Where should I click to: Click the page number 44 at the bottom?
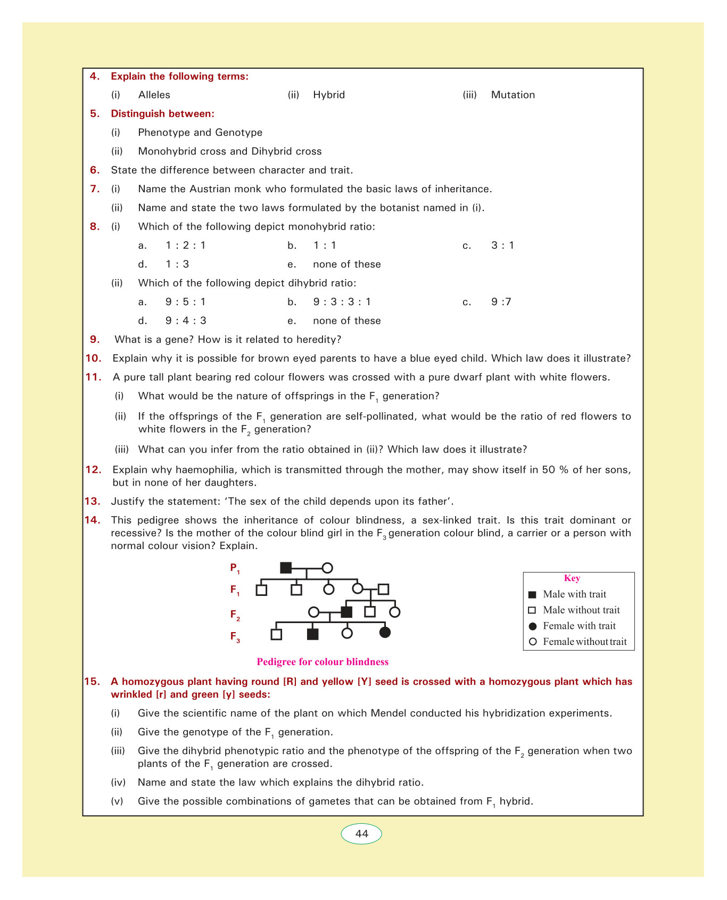pos(361,833)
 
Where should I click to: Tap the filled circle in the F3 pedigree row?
pos(385,633)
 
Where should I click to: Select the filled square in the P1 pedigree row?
pos(286,568)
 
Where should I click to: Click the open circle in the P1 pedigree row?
pos(327,568)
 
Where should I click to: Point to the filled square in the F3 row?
pos(313,634)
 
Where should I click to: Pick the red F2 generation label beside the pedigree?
pos(235,615)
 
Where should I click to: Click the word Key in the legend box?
pos(572,578)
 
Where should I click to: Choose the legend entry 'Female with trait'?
pos(579,626)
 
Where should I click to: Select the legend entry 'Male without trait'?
pos(581,610)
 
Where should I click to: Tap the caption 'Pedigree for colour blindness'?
pos(323,662)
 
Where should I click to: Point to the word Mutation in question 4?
pos(513,95)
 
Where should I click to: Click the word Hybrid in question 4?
pos(329,95)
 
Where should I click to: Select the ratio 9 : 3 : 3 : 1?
pos(342,302)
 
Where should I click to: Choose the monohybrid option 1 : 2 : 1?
pos(185,246)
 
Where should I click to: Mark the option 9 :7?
pos(501,302)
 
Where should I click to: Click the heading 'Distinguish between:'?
pos(162,113)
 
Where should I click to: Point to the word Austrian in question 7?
pos(203,189)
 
